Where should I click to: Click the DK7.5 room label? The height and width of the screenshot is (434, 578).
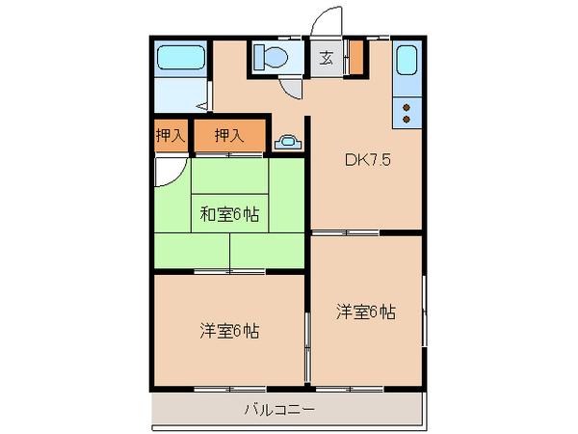[367, 161]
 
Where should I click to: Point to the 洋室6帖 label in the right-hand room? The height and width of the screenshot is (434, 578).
[365, 311]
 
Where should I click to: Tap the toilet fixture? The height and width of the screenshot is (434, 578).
[272, 58]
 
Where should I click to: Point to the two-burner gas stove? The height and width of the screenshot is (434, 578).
[407, 112]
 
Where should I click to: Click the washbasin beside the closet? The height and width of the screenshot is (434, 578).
[287, 142]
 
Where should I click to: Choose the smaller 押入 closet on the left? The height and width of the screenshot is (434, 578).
[170, 136]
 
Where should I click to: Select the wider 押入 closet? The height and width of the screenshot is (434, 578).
[228, 136]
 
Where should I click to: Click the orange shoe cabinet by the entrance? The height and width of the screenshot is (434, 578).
[355, 58]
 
